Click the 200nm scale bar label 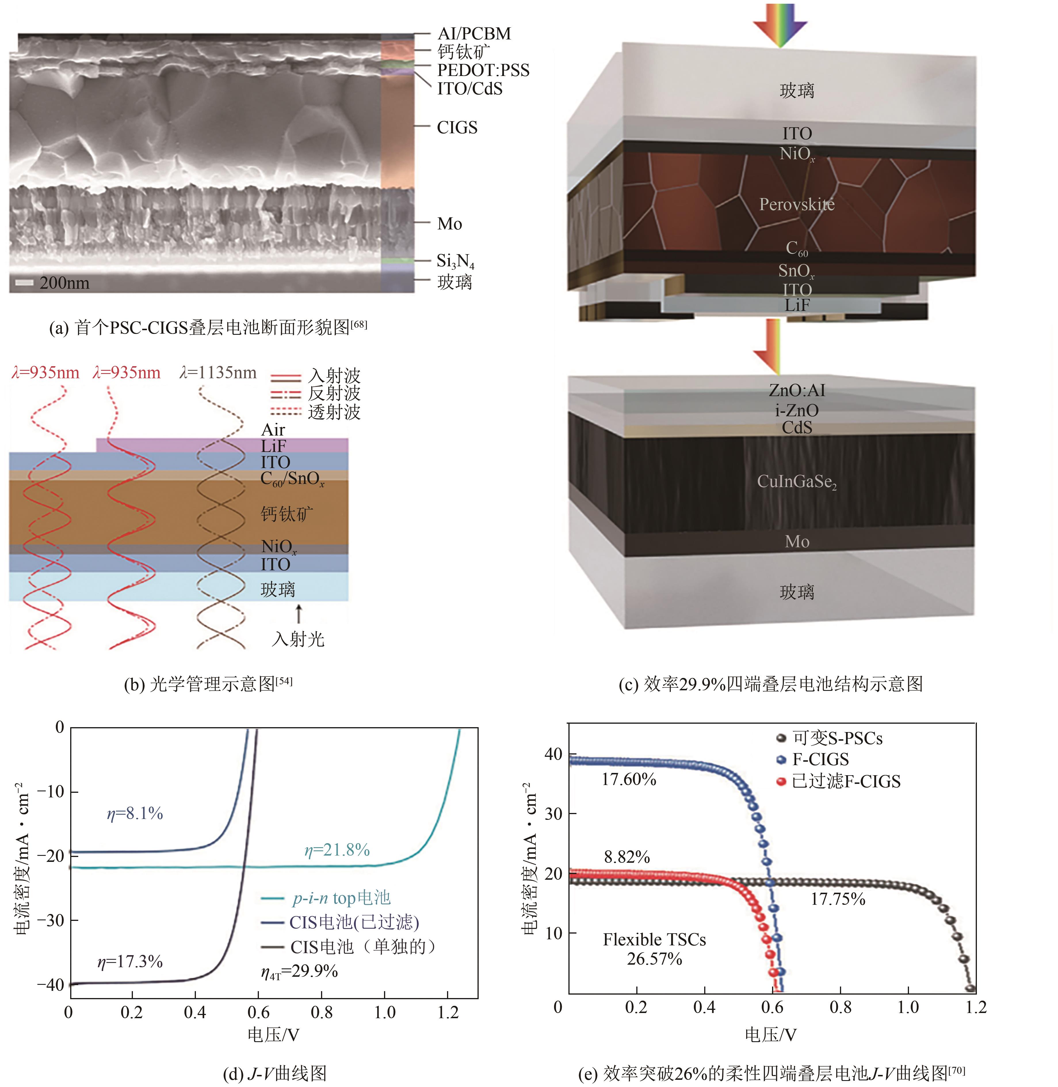click(x=64, y=283)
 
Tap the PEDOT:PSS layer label click(x=483, y=71)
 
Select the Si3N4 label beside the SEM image click(x=455, y=261)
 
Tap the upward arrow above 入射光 click(x=299, y=613)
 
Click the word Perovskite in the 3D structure click(x=796, y=205)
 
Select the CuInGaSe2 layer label click(x=796, y=482)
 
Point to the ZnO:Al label click(x=796, y=390)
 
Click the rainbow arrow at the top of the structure click(x=780, y=25)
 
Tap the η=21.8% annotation click(x=337, y=850)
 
